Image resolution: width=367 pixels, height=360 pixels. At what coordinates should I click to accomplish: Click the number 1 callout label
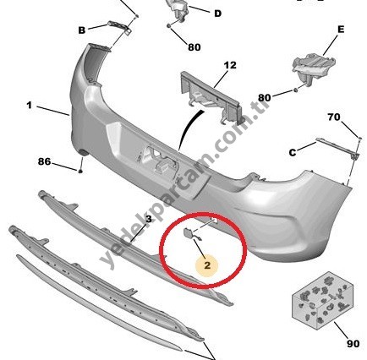click(30, 106)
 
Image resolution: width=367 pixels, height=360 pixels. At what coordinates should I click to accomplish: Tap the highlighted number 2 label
click(207, 265)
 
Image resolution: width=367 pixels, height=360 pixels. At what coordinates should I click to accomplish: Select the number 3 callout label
click(149, 219)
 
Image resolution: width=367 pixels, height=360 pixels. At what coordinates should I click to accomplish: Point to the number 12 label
click(230, 65)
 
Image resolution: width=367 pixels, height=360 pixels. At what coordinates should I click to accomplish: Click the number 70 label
click(334, 117)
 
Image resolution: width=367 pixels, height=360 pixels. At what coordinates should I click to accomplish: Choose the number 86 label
click(45, 161)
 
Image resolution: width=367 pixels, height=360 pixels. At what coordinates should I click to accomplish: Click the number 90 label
click(353, 344)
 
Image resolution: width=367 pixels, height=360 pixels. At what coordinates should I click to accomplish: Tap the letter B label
click(82, 30)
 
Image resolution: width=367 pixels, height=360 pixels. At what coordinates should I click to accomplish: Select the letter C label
click(293, 152)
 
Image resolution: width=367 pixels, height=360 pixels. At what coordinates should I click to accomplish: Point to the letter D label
click(218, 14)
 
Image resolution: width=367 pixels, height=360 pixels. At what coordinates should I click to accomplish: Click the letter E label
click(341, 30)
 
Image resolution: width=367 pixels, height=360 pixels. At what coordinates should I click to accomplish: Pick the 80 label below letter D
click(194, 47)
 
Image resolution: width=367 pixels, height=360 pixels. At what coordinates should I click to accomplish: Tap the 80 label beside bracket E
click(265, 98)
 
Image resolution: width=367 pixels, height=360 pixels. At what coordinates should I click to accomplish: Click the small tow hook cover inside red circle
click(189, 233)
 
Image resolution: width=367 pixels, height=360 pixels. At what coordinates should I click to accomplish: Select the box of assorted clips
click(322, 300)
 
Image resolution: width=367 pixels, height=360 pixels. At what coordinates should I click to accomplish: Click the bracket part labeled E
click(314, 67)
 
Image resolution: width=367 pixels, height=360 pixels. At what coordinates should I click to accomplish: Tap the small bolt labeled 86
click(80, 171)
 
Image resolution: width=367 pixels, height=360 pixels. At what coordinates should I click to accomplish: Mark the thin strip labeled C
click(337, 147)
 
